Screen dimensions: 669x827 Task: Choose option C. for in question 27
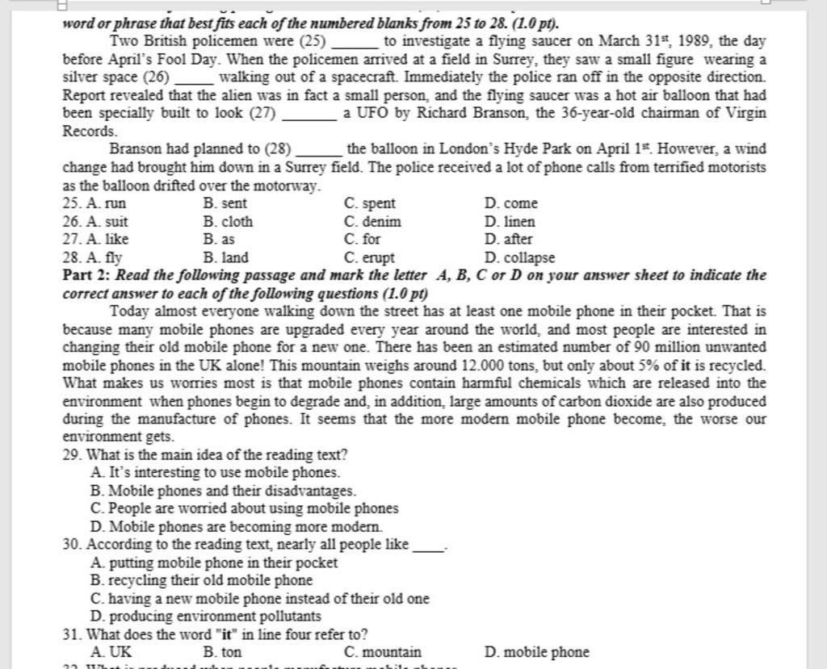point(362,239)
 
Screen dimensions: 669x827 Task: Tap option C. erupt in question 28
point(369,257)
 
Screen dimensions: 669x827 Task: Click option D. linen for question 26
point(510,221)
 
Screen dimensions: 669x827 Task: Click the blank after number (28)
point(320,150)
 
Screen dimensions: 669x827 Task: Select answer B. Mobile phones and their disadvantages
point(224,491)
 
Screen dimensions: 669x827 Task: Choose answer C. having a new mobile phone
point(260,599)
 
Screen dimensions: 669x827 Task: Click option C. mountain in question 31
point(382,652)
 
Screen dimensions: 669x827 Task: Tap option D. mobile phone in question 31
point(537,652)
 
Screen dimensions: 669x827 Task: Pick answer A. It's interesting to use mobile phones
point(216,473)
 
